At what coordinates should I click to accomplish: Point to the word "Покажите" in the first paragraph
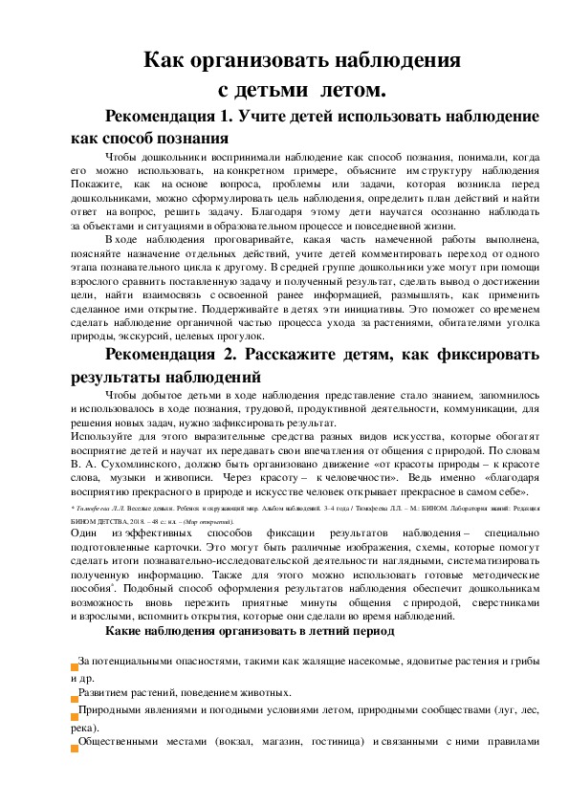point(94,183)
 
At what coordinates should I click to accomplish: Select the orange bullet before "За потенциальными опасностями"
point(75,664)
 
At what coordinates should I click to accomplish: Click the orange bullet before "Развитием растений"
point(75,692)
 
